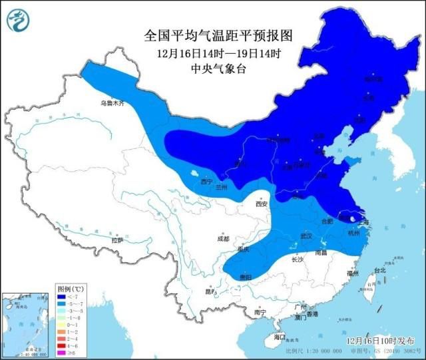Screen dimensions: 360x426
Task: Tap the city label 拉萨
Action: [117, 240]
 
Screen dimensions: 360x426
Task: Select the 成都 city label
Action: [222, 238]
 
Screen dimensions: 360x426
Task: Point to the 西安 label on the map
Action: [261, 204]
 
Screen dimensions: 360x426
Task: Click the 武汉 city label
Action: [306, 236]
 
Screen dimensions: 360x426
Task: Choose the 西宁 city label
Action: [206, 181]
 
